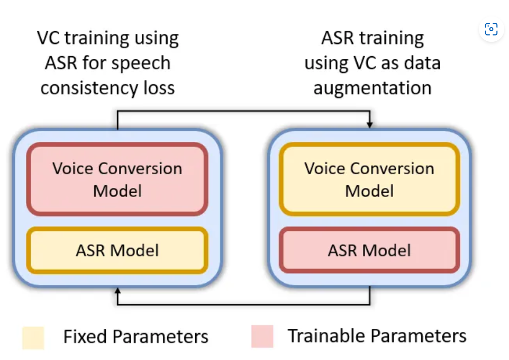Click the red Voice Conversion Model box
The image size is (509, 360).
coord(117,179)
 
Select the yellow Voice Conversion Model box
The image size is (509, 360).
coord(369,179)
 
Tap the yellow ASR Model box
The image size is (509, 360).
coord(117,250)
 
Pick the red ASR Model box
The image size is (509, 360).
coord(369,250)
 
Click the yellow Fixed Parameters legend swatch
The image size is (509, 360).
coord(33,337)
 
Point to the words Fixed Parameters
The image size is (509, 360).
coord(135,336)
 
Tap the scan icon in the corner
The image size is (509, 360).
coord(491,29)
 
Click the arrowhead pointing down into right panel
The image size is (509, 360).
coord(370,124)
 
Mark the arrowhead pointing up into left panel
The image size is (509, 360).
coord(117,291)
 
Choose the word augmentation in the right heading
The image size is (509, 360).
coord(372,87)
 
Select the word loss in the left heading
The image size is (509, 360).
coord(160,87)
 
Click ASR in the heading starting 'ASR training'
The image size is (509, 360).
coord(337,38)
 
